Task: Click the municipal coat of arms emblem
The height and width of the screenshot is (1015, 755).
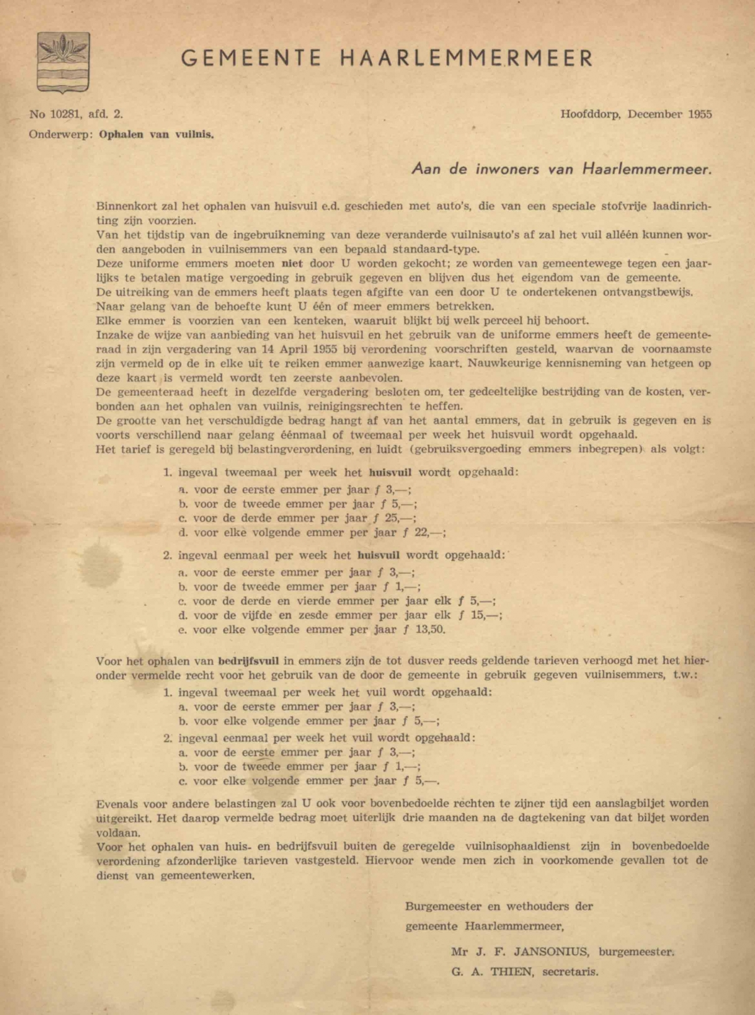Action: tap(64, 62)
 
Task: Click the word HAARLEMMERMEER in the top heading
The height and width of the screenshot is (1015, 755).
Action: tap(466, 59)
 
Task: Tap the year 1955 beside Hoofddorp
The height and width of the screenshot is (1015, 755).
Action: tap(700, 115)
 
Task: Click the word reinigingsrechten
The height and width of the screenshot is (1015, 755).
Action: tap(355, 406)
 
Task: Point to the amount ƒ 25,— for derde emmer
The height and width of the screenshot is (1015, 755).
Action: tap(394, 519)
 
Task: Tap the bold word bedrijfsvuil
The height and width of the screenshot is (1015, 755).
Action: tap(249, 661)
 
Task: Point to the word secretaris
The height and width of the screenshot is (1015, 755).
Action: tap(570, 972)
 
